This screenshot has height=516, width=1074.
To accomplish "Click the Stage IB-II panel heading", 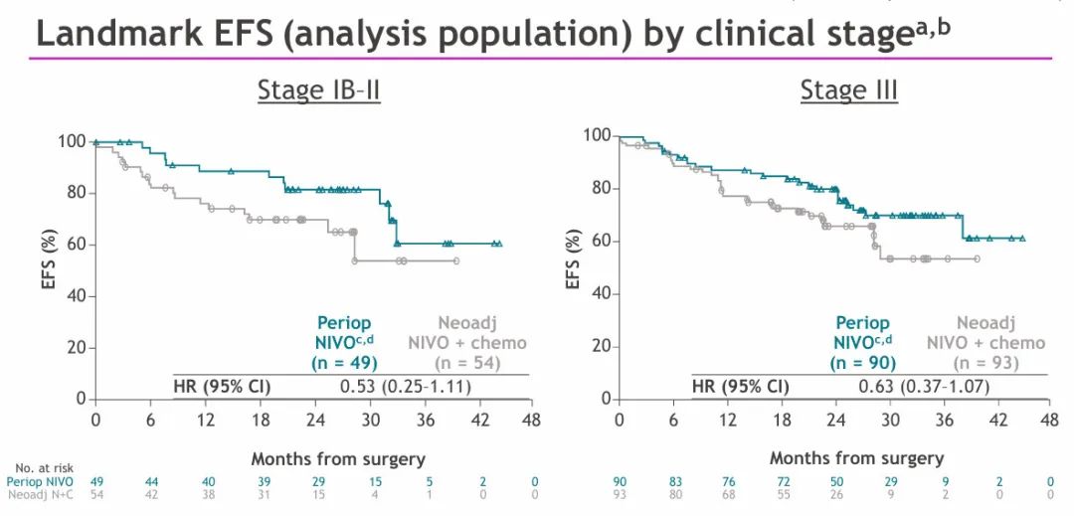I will click(x=319, y=90).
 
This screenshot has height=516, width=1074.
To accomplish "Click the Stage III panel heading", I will click(x=848, y=90).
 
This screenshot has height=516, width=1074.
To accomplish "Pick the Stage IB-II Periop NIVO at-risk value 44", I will click(x=151, y=481).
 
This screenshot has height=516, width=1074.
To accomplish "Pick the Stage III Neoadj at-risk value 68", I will click(x=727, y=494).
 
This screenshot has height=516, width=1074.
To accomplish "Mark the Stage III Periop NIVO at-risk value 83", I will click(x=673, y=481).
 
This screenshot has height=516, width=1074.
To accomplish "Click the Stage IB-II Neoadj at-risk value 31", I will click(x=262, y=494).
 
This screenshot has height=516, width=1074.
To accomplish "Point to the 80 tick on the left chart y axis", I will click(x=74, y=193).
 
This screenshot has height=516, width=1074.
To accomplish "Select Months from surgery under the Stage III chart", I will click(x=857, y=458).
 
